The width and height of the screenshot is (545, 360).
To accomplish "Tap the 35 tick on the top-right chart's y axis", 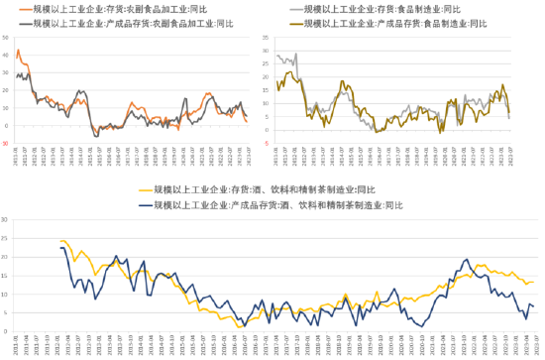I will [265, 40].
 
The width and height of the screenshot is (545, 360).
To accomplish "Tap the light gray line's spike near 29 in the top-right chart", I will [278, 56].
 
